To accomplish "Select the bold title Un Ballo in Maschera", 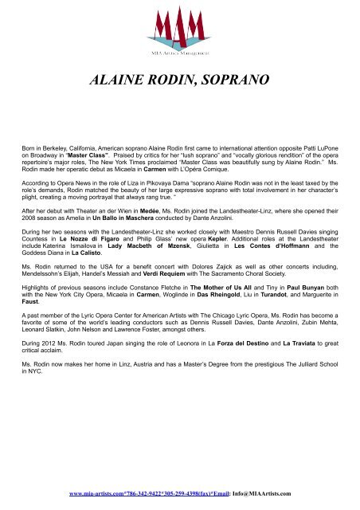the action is pos(121,218).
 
